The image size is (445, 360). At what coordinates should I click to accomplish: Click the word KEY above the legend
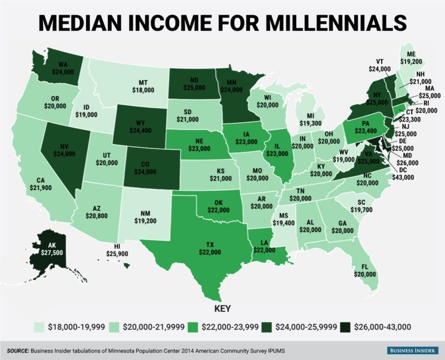point(222,308)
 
